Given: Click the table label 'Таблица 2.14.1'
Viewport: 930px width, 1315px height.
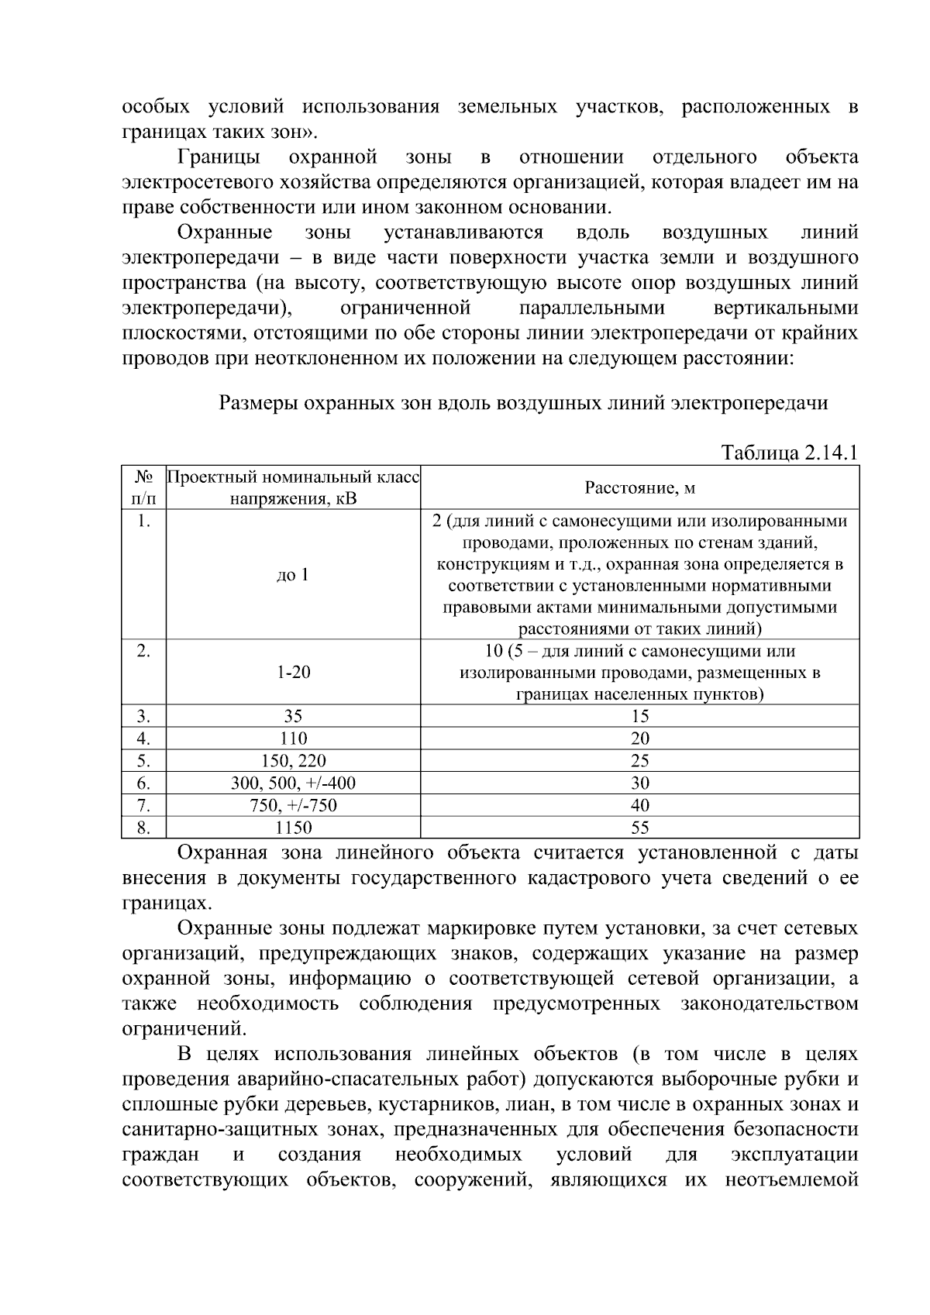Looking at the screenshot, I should [x=789, y=453].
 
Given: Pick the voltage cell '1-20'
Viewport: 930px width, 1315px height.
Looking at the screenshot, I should [x=293, y=672].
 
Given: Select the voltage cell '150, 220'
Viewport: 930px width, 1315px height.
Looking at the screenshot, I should [x=293, y=760].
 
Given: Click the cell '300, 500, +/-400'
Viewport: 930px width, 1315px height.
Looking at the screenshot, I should [x=293, y=783].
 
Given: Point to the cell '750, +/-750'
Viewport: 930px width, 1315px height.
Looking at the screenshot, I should [x=293, y=805].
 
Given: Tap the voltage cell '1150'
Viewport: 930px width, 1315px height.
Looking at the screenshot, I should [x=293, y=828].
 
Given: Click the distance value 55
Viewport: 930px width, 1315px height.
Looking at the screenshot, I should [x=639, y=828].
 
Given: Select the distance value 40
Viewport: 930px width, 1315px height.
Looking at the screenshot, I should [x=639, y=805].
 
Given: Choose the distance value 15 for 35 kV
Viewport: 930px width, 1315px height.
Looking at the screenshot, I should [x=639, y=716].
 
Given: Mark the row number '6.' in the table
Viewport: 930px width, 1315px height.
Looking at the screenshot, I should [x=143, y=783].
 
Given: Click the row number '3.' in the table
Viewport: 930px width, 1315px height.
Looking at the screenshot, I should [x=143, y=716].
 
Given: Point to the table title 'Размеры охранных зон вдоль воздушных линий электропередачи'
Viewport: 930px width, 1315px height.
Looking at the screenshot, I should [x=523, y=403].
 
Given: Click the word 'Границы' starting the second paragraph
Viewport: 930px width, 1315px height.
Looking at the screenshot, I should [x=219, y=157].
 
